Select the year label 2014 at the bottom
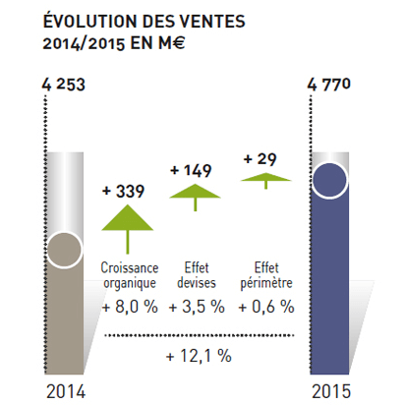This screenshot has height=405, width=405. click(x=66, y=391)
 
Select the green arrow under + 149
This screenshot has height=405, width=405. click(x=197, y=196)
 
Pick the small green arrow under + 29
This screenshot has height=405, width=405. click(x=260, y=180)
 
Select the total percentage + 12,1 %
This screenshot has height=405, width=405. click(x=199, y=356)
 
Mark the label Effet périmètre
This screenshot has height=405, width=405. click(x=262, y=275)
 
